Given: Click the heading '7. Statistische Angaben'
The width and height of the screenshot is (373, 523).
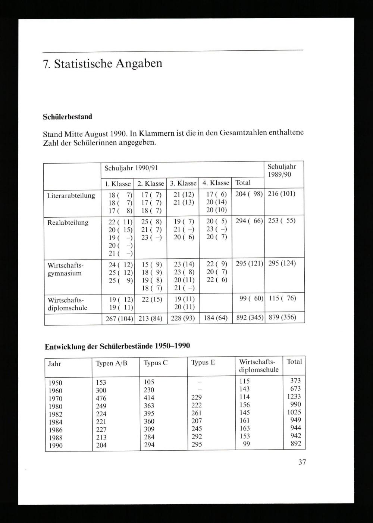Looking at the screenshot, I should click(x=103, y=64).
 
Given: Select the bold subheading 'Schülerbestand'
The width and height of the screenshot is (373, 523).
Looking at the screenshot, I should click(x=67, y=117).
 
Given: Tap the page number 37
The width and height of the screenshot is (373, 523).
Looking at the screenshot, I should click(x=302, y=462).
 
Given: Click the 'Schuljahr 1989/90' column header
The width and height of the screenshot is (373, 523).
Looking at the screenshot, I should click(x=282, y=171).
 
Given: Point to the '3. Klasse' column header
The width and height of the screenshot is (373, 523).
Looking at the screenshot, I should click(x=183, y=183).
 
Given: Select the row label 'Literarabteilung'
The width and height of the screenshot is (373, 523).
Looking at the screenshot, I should click(x=71, y=196).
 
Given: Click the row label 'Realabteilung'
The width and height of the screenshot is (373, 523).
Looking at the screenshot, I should click(x=68, y=223).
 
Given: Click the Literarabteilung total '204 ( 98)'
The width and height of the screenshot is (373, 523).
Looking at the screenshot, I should click(x=249, y=194).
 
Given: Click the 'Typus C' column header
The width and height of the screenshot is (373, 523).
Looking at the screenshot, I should click(x=156, y=363).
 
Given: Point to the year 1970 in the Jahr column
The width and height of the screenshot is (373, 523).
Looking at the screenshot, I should click(x=56, y=398).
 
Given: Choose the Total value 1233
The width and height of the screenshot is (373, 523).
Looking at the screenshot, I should click(x=294, y=397).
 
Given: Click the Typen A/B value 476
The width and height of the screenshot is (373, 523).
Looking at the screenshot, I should click(x=101, y=398).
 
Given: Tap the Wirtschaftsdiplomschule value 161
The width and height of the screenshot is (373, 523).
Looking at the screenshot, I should click(x=245, y=421).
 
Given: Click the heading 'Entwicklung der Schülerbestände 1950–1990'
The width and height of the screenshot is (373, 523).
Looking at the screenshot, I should click(x=117, y=346).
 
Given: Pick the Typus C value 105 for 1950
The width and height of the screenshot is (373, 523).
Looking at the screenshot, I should click(x=149, y=382).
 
